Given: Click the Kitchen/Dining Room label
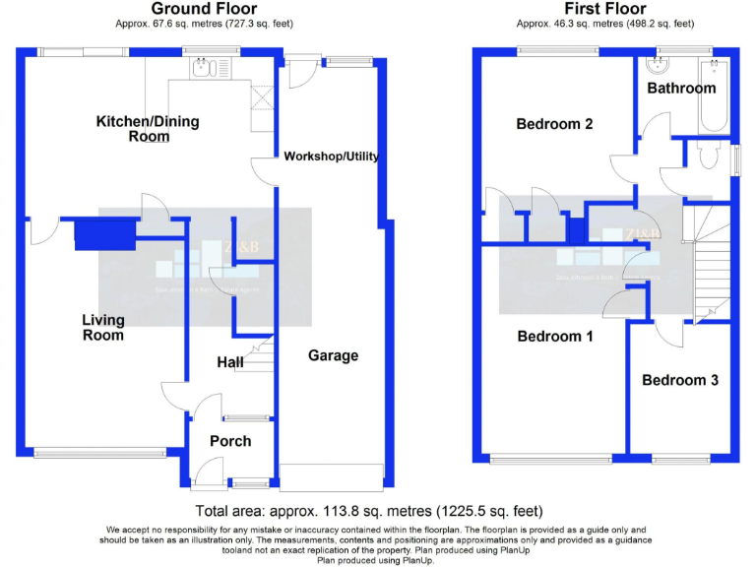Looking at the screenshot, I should (147, 129).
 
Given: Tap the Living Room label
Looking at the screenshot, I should (103, 328).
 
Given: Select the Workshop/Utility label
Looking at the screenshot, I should (331, 157).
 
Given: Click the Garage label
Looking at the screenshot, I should (333, 355).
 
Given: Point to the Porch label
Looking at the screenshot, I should (230, 441).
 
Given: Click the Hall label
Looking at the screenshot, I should (230, 363).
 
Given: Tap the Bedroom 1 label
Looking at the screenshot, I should (555, 337).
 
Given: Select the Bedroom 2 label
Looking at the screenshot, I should (555, 124).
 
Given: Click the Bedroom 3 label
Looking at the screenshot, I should (679, 380).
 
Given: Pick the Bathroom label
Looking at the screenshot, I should (681, 88).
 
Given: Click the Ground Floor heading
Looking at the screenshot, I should (204, 9).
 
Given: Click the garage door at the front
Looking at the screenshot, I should (332, 476).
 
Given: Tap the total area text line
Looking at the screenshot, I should (369, 511).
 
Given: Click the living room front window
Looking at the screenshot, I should (87, 454).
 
